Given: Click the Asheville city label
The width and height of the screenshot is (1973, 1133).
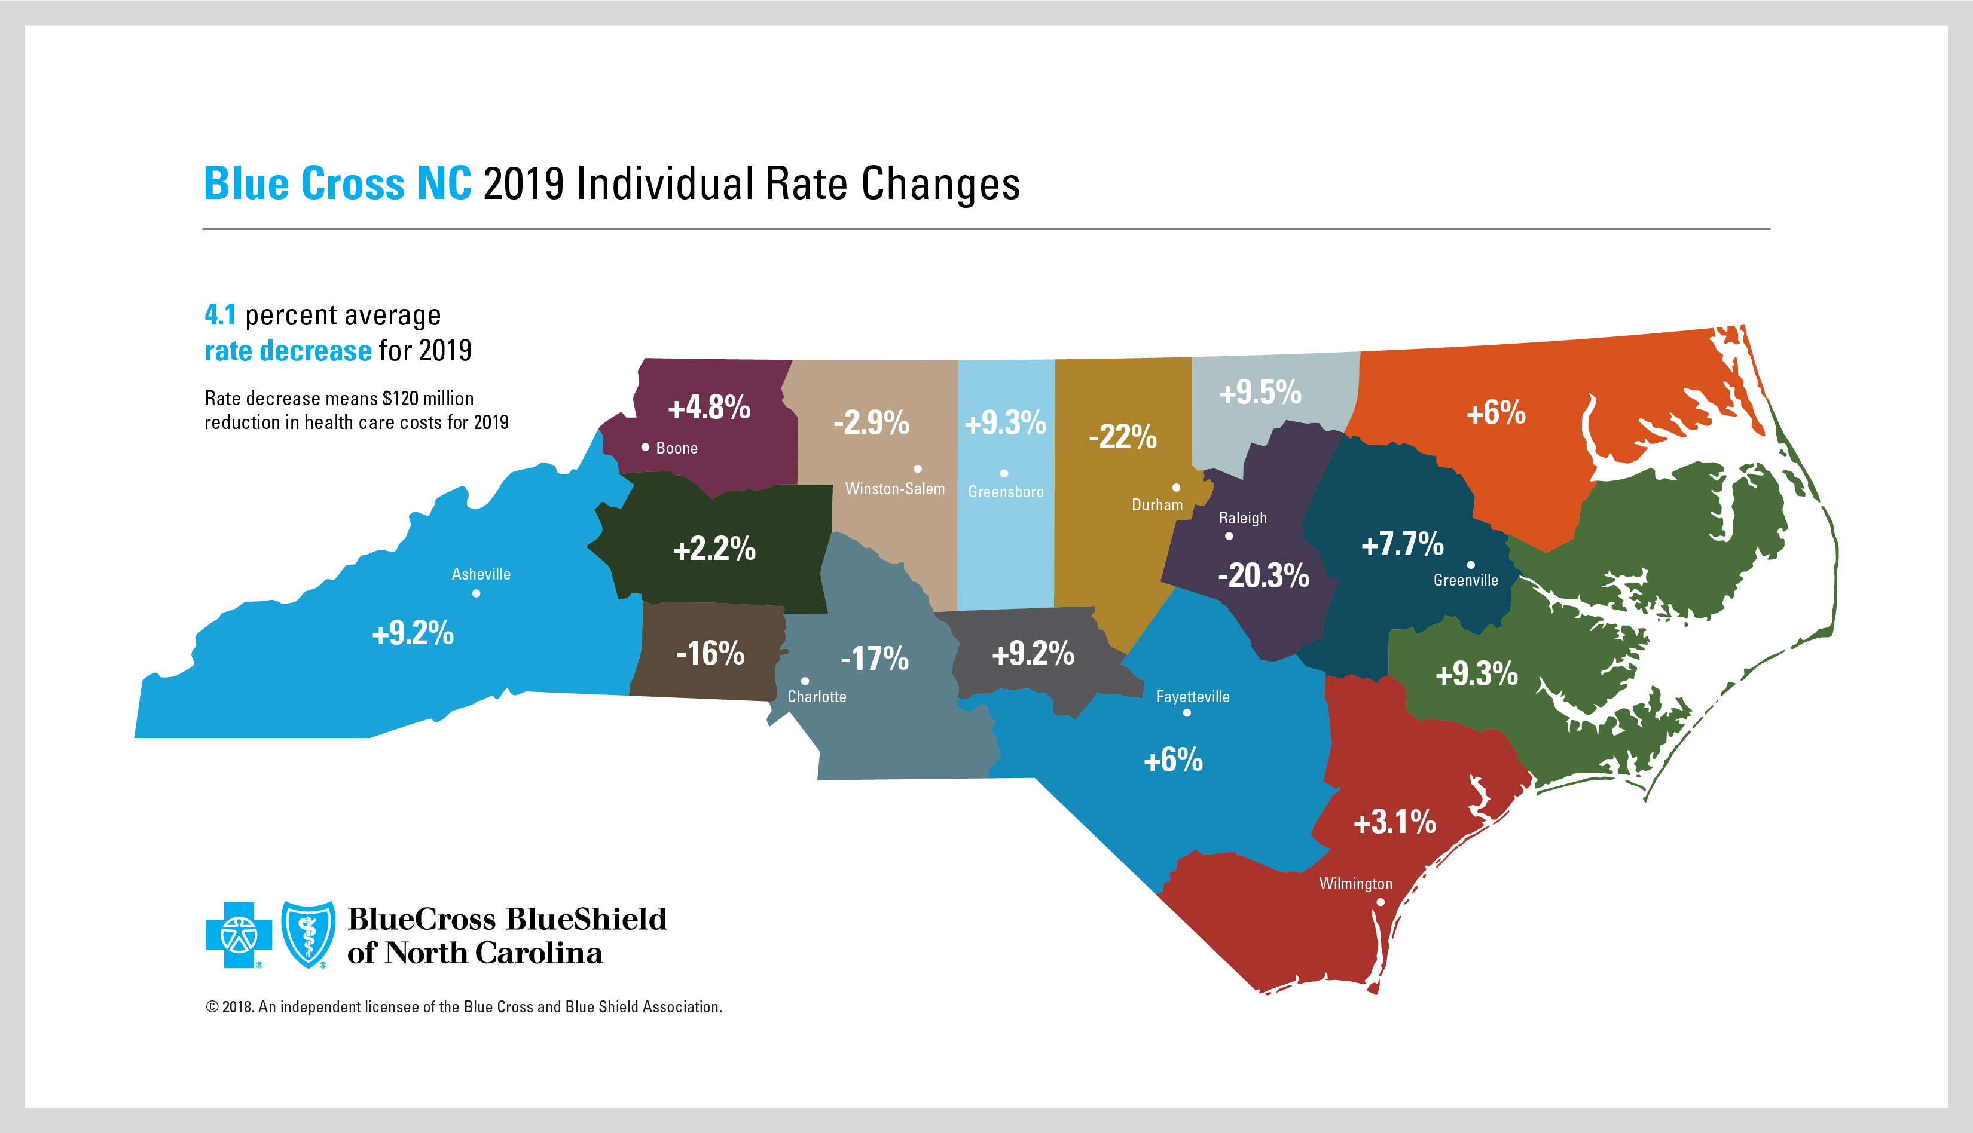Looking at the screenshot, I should point(481,574).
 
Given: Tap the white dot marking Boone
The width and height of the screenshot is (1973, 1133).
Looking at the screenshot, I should point(645,448).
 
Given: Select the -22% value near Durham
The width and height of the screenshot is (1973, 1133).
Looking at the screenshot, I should point(1122,437).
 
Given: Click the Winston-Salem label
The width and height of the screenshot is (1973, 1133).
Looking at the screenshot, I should point(894,489).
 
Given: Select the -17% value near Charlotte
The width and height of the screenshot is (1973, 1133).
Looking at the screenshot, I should point(874,659).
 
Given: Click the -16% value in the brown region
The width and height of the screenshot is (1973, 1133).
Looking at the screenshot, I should point(710,653).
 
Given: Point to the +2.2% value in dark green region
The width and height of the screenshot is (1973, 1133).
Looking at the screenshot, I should point(714,549).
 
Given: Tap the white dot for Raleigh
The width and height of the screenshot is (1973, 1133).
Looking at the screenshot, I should point(1229,536).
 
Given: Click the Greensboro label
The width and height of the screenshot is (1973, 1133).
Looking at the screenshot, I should point(1006,492).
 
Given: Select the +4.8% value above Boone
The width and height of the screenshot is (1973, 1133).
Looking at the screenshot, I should point(708,407).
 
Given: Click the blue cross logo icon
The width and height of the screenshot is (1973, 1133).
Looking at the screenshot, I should point(238,935).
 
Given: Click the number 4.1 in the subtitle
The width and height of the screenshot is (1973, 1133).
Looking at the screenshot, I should point(219,315).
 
